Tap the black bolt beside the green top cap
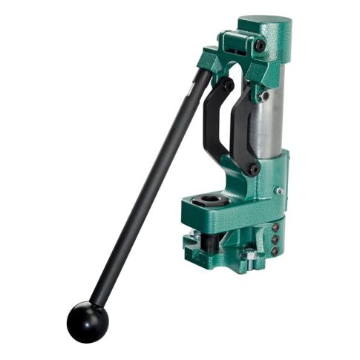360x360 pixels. point(260,45)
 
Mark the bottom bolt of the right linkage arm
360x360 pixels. point(255,169)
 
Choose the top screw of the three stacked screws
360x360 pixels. point(275,229)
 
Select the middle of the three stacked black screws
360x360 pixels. point(275,240)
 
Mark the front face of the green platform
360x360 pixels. point(223,217)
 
